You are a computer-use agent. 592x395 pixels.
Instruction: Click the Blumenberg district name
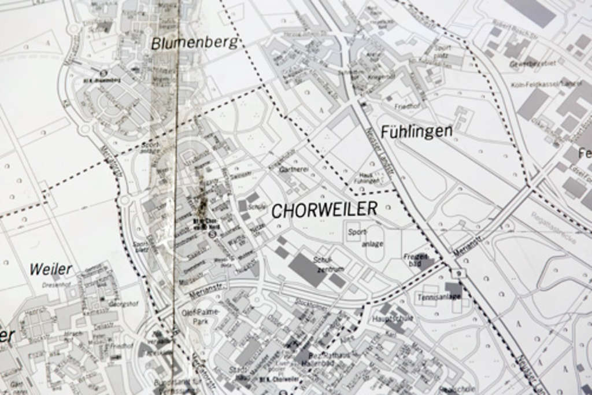click(194, 42)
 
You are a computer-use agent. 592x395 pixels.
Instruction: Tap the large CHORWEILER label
click(324, 209)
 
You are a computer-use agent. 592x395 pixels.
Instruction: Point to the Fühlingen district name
click(416, 131)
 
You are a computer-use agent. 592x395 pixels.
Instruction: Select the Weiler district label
click(51, 269)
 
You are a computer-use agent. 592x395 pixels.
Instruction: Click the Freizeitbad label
click(416, 259)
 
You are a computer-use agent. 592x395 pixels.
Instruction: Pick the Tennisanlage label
click(439, 297)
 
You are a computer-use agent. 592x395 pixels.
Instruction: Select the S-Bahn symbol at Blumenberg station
click(103, 73)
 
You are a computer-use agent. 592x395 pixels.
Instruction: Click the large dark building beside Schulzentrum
click(307, 269)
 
